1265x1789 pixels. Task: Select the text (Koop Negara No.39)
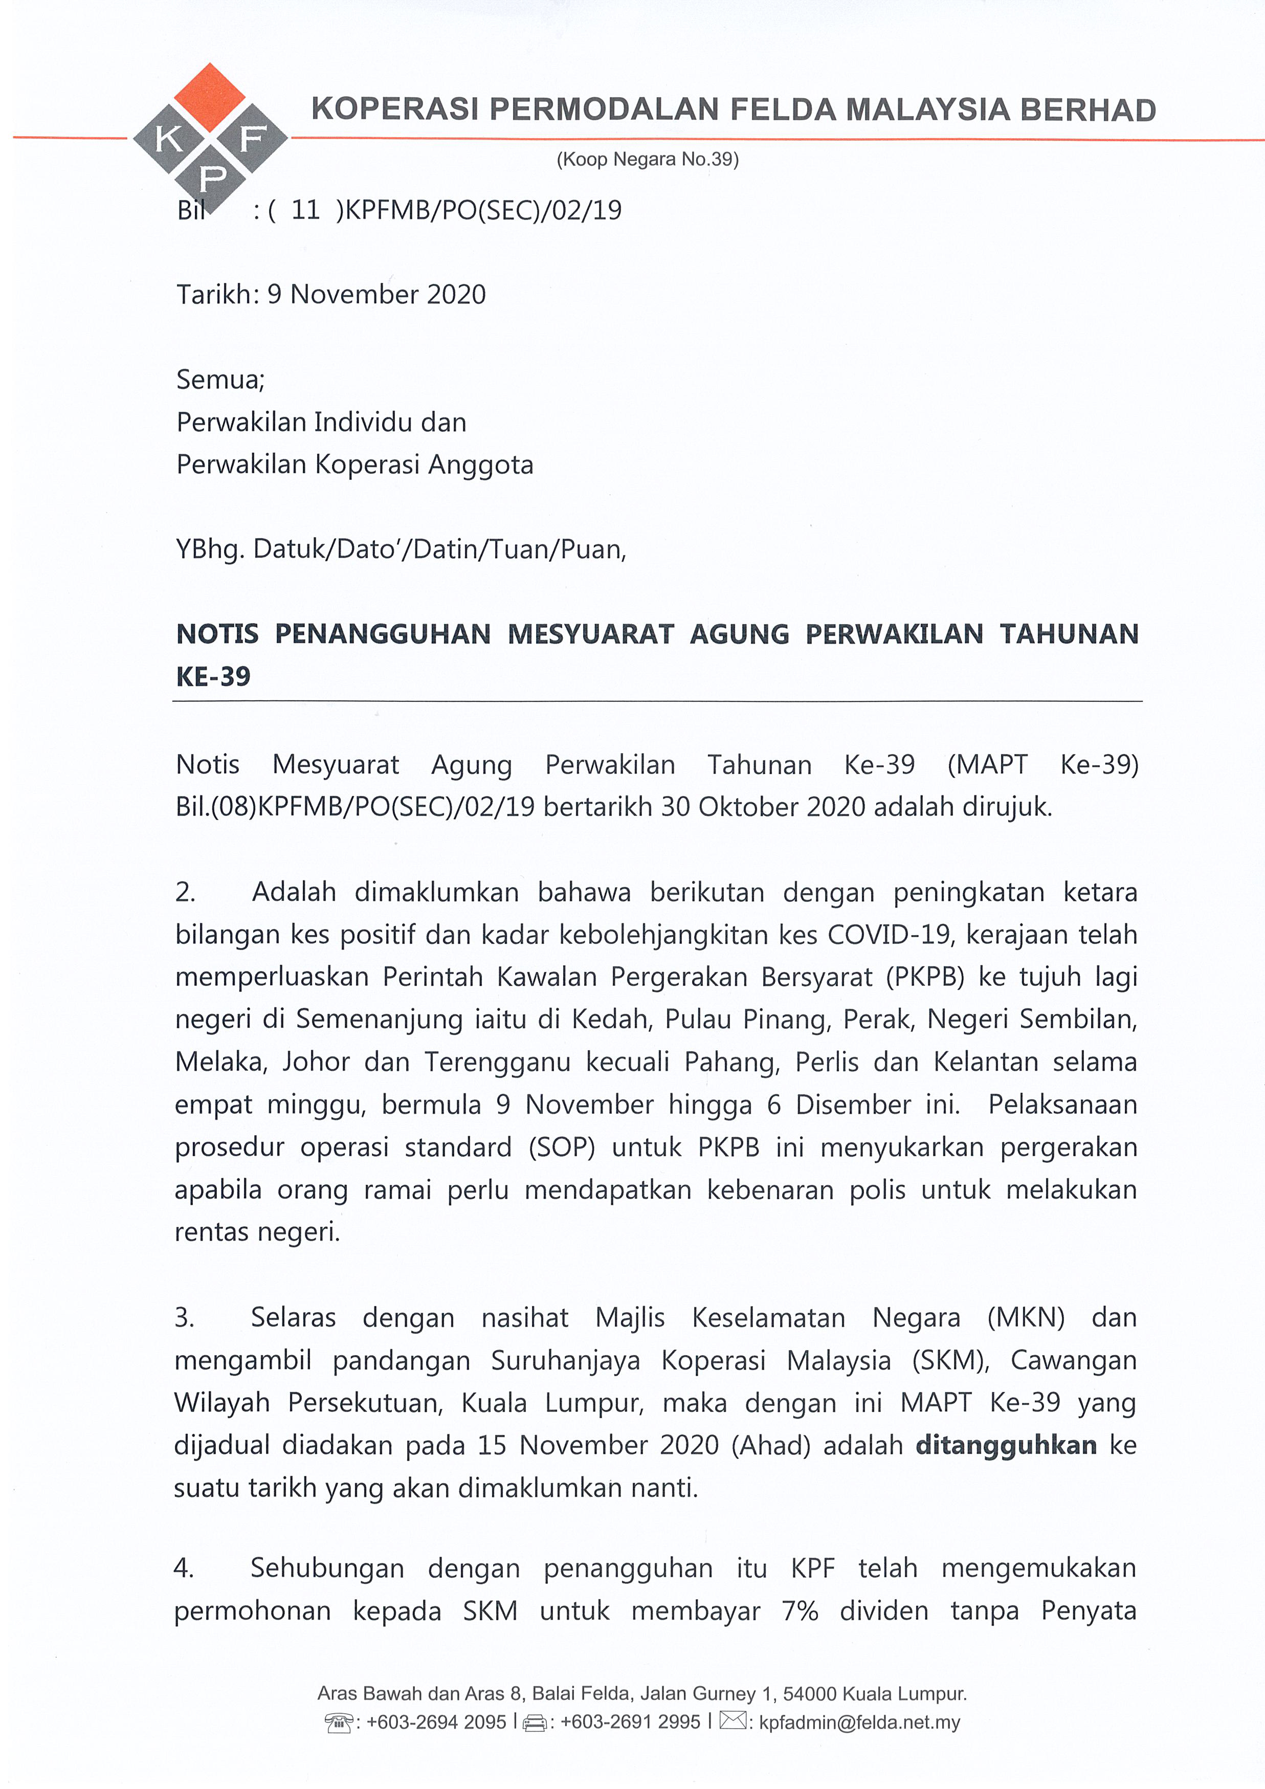coord(647,160)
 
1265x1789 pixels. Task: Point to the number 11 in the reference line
coord(305,210)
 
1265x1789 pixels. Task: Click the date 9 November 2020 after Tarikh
coord(376,295)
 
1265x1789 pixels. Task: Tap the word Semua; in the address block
coord(220,380)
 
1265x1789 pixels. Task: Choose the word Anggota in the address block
coord(481,465)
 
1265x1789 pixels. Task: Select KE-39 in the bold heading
coord(213,676)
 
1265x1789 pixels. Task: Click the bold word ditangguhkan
coord(1006,1445)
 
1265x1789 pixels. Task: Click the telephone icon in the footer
coord(339,1723)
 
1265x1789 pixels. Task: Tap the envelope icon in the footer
coord(732,1720)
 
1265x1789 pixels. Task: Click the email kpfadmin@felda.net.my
coord(859,1723)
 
